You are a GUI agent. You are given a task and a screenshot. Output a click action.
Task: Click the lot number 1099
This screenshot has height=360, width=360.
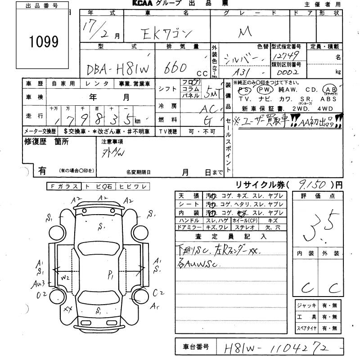click(x=44, y=42)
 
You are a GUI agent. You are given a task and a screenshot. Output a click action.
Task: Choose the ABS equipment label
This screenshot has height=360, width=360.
click(x=328, y=98)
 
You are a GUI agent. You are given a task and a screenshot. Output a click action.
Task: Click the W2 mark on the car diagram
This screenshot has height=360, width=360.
click(x=66, y=278)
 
